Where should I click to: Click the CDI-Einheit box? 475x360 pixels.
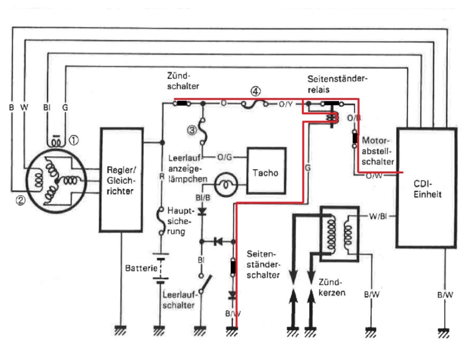(426, 187)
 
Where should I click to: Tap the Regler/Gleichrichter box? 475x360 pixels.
(121, 179)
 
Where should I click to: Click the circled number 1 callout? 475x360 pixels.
(75, 140)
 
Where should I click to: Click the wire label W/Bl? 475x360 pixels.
(378, 216)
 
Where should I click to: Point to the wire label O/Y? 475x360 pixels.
(286, 104)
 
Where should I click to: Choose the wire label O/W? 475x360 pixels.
(373, 175)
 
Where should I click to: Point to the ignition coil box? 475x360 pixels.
(339, 232)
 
